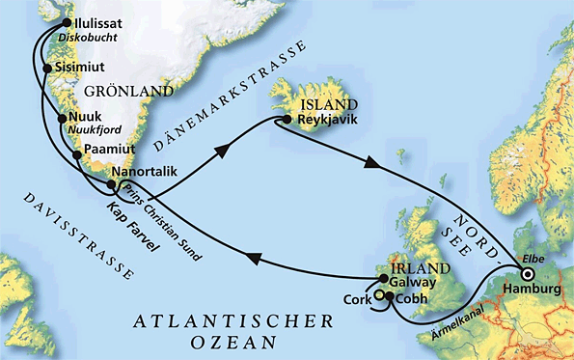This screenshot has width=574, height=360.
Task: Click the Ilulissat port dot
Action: coord(67,23)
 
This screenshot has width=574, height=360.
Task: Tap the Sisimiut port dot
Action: coord(47,69)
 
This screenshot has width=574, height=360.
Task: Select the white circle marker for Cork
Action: coord(380,296)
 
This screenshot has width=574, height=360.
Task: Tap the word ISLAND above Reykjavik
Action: coord(323,102)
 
